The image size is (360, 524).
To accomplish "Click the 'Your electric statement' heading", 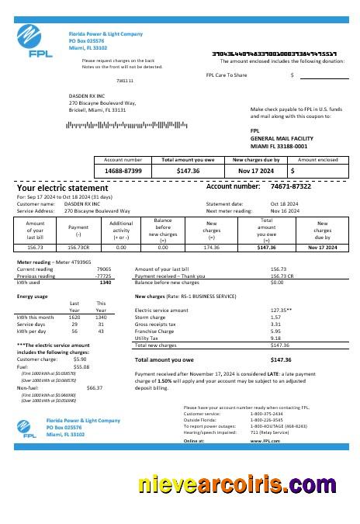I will coord(63,189).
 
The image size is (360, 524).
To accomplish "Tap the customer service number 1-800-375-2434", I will coord(266,414).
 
